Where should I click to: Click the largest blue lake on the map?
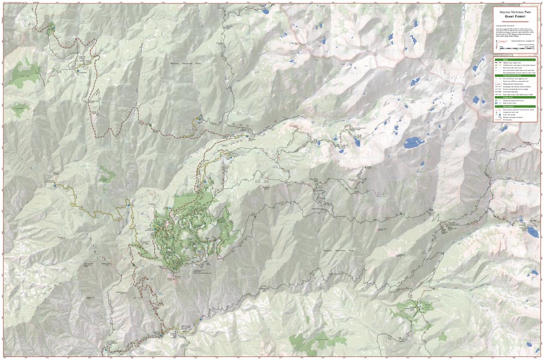tap(413, 143)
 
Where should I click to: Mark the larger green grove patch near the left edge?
tap(23, 74)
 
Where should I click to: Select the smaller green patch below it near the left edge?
tap(20, 109)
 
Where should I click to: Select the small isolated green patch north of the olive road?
tap(107, 176)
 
